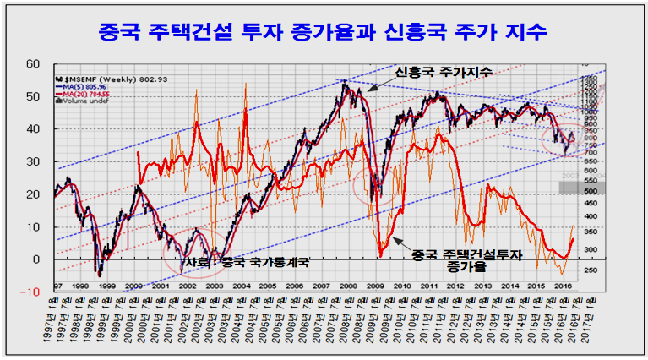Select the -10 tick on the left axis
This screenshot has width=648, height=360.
(x=31, y=292)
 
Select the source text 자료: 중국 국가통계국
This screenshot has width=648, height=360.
(x=246, y=263)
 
